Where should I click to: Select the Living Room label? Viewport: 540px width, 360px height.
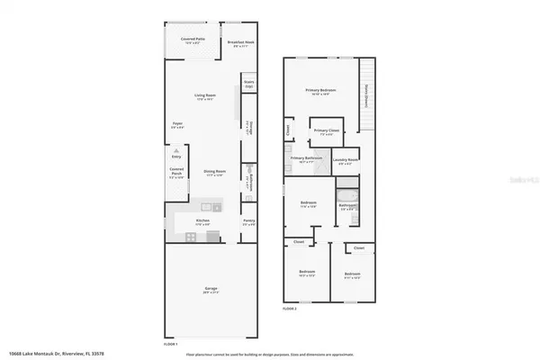[x=210, y=96]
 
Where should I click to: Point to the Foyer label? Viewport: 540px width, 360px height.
[x=178, y=125]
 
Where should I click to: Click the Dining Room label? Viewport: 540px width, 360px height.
[x=214, y=172]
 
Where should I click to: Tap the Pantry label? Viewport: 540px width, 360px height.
[x=248, y=221]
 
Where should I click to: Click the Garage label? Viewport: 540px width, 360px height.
[x=210, y=289]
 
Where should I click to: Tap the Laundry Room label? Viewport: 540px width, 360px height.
[x=345, y=161]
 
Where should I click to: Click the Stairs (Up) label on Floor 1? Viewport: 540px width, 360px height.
[x=249, y=84]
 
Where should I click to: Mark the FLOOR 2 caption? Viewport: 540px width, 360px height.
[x=289, y=309]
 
